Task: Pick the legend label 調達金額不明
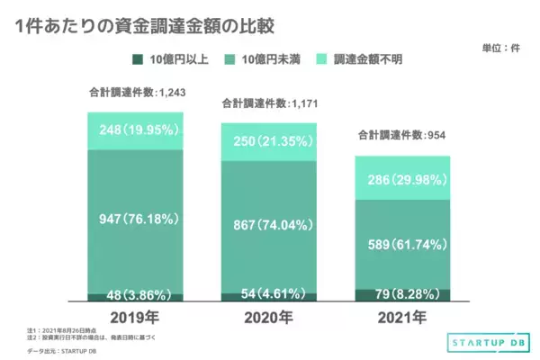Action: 372,59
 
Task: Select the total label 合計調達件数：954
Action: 402,136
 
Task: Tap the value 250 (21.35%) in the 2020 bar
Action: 267,142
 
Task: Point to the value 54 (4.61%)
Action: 267,294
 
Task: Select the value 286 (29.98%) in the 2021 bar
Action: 402,180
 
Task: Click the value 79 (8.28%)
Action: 402,293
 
